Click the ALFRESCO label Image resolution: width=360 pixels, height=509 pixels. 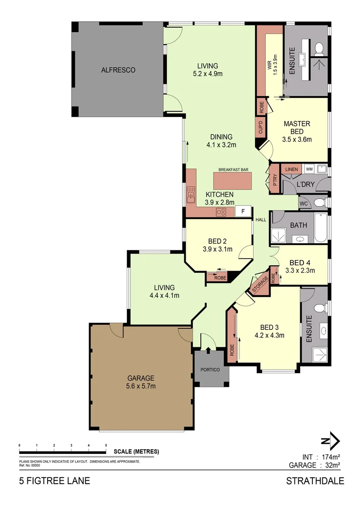point(118,70)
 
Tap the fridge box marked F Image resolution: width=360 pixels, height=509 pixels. point(243,212)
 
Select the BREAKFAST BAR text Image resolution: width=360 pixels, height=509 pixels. point(233,170)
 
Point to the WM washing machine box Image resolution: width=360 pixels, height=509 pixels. point(309,168)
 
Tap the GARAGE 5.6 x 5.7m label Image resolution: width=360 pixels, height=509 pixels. point(141,382)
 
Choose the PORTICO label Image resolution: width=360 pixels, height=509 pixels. point(211,369)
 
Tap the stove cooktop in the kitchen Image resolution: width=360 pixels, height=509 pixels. point(221,212)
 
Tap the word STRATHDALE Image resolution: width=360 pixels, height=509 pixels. point(315,481)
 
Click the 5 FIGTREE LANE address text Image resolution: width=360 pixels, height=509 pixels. point(54,481)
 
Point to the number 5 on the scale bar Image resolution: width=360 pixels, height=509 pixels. point(106,445)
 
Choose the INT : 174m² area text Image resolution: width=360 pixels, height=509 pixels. point(321,457)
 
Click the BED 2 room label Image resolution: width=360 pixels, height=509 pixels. point(217,245)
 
